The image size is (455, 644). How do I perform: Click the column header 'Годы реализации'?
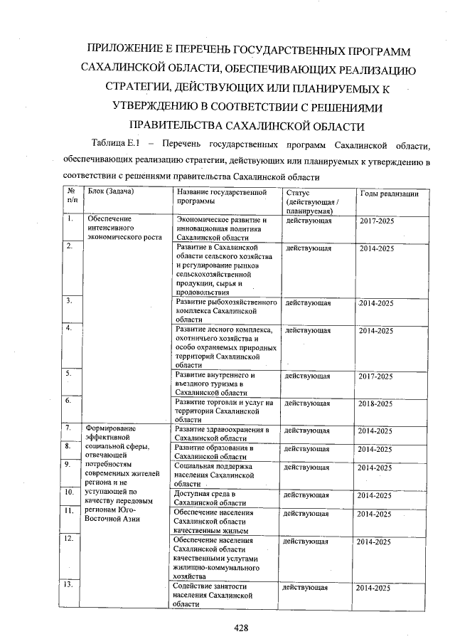(389, 194)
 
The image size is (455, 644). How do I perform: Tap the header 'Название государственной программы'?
(220, 197)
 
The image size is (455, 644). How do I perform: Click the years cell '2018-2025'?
(375, 403)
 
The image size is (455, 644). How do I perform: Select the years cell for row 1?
(376, 222)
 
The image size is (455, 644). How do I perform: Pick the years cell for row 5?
(375, 376)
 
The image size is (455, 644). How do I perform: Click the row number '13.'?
(70, 585)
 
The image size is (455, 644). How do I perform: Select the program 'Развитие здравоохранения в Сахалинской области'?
(222, 434)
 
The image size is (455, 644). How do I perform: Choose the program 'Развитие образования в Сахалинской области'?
(214, 452)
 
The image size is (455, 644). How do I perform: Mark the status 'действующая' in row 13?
(305, 588)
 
